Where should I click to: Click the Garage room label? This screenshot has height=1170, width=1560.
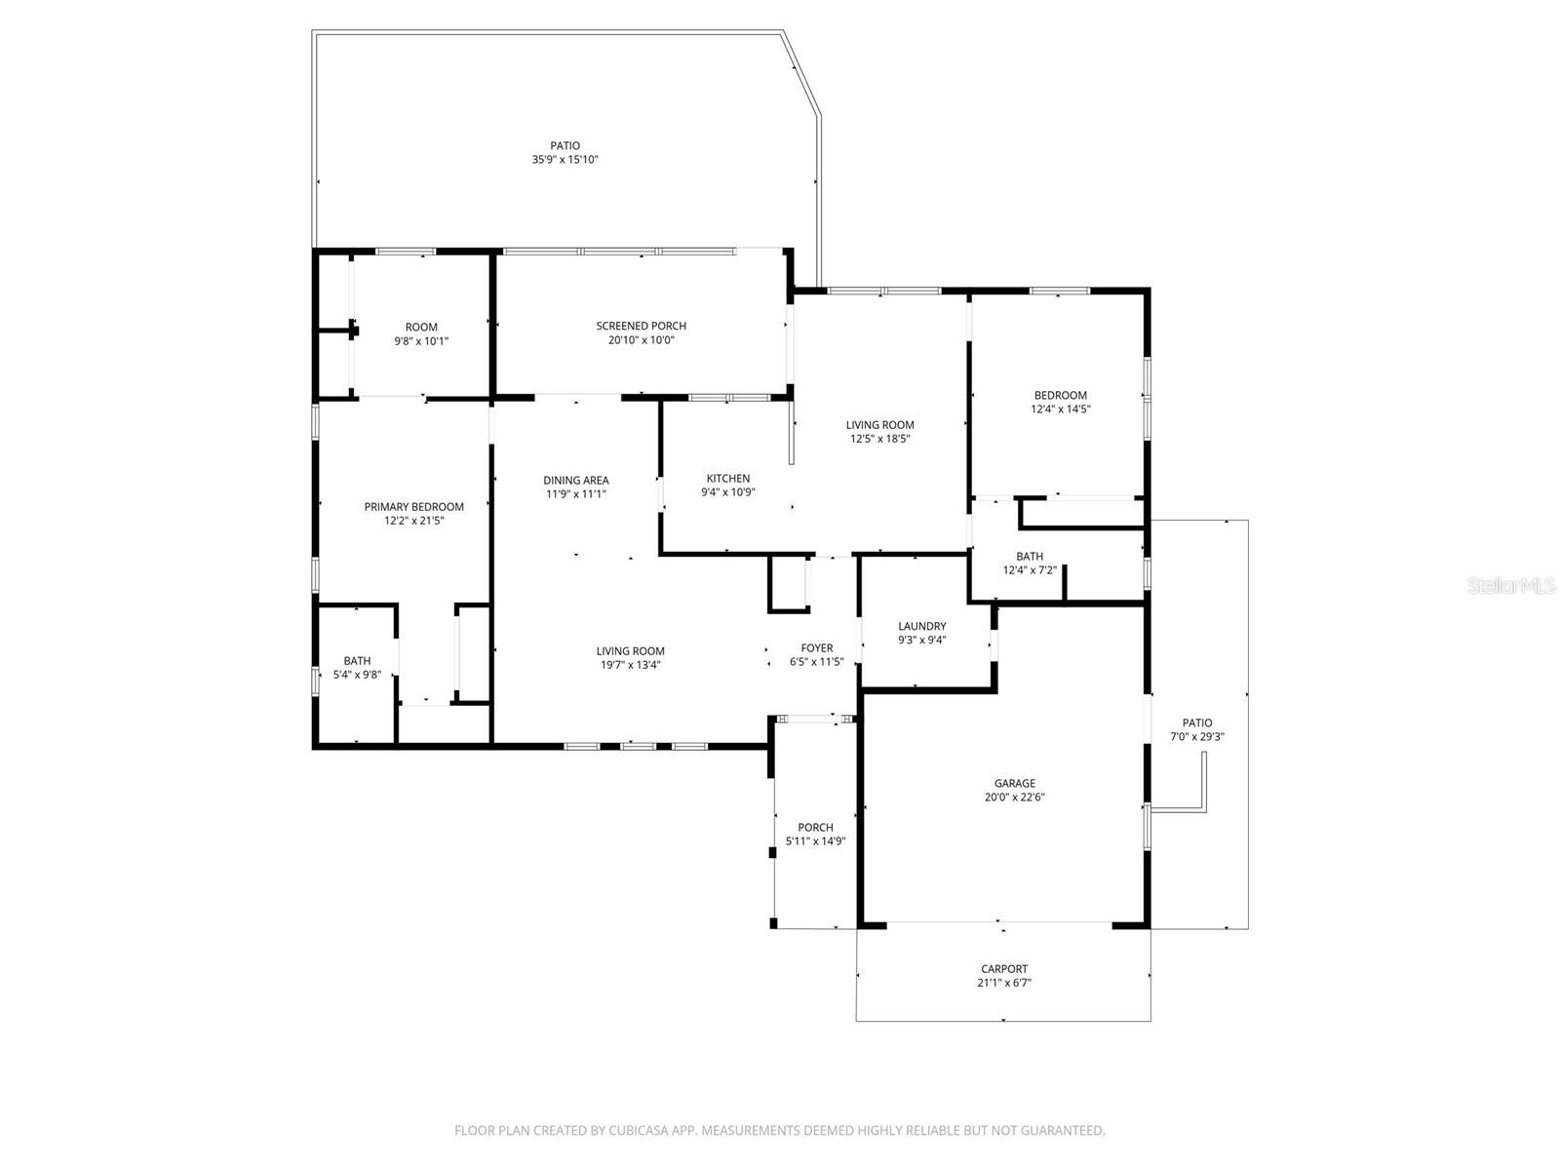[1014, 783]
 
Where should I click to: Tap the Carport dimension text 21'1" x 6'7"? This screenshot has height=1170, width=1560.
[1004, 983]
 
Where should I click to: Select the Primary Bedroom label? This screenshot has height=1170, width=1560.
[413, 507]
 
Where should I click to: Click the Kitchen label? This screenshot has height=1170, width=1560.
[728, 479]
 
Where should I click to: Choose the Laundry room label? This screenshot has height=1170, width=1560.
[921, 627]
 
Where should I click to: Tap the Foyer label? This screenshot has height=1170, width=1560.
[816, 648]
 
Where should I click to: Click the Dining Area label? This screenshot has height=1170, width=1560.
[575, 481]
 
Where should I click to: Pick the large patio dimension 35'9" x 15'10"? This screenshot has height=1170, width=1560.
[565, 160]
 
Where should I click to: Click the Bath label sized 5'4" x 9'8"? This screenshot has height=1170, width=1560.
[357, 661]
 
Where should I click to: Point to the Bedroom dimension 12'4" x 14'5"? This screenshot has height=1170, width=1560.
[1060, 409]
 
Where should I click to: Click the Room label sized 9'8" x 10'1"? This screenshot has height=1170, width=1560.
[421, 328]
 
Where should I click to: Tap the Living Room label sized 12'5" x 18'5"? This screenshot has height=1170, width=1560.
[879, 425]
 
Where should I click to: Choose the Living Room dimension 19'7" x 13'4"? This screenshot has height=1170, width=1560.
[630, 665]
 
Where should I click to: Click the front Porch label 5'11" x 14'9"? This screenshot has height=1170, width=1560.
[815, 828]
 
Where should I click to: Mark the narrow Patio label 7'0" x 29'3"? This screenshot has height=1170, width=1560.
[1196, 723]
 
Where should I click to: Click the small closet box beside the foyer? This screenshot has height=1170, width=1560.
[788, 584]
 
